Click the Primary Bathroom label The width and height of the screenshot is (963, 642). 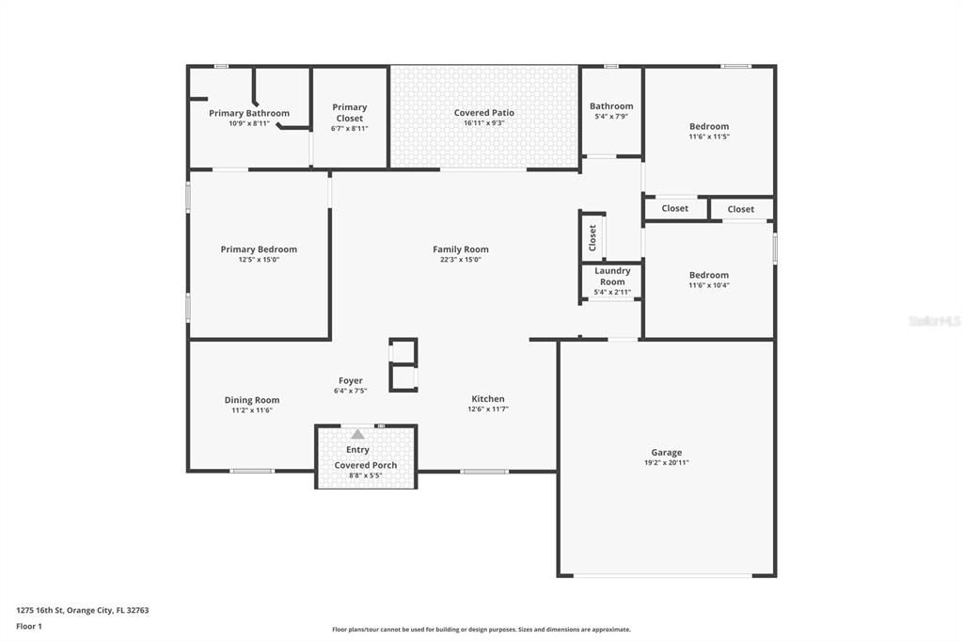pos(249,113)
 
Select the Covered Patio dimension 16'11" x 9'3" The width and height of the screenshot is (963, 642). pos(484,123)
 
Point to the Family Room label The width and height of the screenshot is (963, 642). pos(461,249)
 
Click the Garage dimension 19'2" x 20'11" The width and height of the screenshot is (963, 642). pos(667,463)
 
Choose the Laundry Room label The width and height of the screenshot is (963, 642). pos(612,276)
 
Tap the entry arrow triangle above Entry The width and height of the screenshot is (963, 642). pos(357,434)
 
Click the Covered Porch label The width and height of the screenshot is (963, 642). pos(366,465)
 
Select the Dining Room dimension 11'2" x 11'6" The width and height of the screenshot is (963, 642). pos(252,410)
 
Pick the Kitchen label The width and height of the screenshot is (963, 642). pos(488,399)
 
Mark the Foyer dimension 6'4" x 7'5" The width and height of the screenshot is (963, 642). pos(350,391)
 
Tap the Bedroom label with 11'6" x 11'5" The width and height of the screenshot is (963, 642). pos(709,126)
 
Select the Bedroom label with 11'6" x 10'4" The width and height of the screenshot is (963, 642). pos(709,275)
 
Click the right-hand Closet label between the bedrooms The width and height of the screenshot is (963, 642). pos(740,209)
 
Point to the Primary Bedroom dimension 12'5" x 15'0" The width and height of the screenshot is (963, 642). pos(259,260)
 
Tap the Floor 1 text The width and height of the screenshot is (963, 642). pos(29,626)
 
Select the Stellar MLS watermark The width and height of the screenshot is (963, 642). pos(934,321)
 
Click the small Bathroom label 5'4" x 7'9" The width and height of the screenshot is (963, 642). pos(611,106)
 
